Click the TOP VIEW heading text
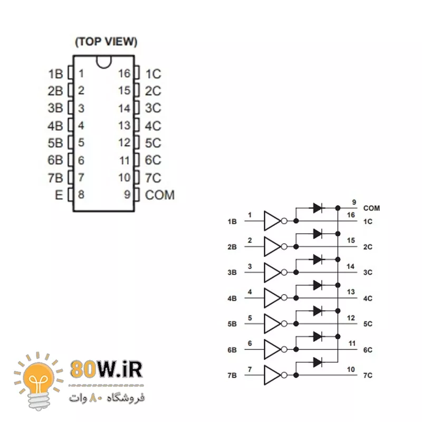(x=106, y=42)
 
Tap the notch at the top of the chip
(x=103, y=62)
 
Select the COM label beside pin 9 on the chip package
(x=160, y=195)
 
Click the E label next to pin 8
(x=59, y=195)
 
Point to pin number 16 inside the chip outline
(x=124, y=73)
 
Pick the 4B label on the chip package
(x=55, y=126)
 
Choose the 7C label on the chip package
(x=153, y=178)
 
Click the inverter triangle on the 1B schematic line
(x=272, y=221)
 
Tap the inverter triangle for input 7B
(x=272, y=375)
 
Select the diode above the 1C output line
(x=318, y=208)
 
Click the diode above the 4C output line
(x=318, y=285)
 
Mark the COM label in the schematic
(x=371, y=208)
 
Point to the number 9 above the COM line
(x=354, y=202)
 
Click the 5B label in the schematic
(x=232, y=324)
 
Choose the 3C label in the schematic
(x=368, y=272)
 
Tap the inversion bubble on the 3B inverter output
(x=284, y=272)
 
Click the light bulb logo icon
(x=39, y=381)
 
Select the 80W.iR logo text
(x=106, y=370)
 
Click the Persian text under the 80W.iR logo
(x=107, y=398)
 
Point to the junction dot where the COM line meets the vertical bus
(x=338, y=208)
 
